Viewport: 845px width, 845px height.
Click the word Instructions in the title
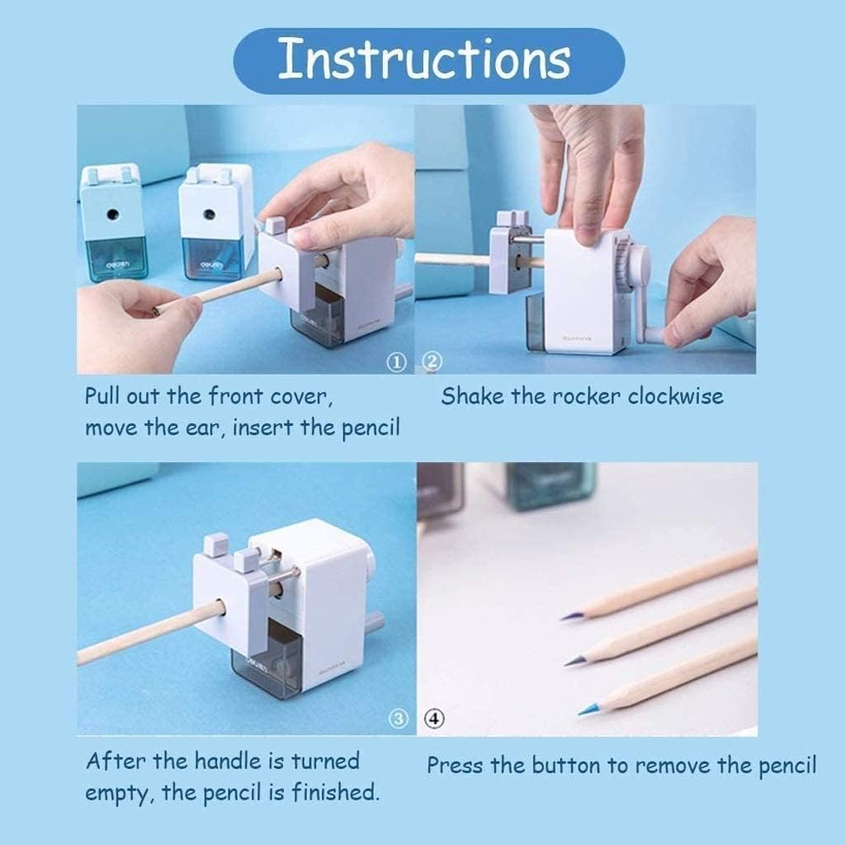pyautogui.click(x=424, y=59)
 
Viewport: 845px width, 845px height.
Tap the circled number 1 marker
pyautogui.click(x=397, y=363)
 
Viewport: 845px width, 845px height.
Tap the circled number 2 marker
pyautogui.click(x=432, y=361)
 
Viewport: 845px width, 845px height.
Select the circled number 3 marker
pyautogui.click(x=399, y=719)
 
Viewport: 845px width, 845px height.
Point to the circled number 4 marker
pyautogui.click(x=435, y=719)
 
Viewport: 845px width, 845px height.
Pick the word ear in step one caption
pyautogui.click(x=205, y=428)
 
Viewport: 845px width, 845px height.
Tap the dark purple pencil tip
pyautogui.click(x=568, y=616)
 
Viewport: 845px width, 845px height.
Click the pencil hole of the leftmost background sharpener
pyautogui.click(x=112, y=215)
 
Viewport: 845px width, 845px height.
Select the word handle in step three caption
pyautogui.click(x=227, y=761)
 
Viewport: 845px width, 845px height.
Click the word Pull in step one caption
pyautogui.click(x=102, y=396)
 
